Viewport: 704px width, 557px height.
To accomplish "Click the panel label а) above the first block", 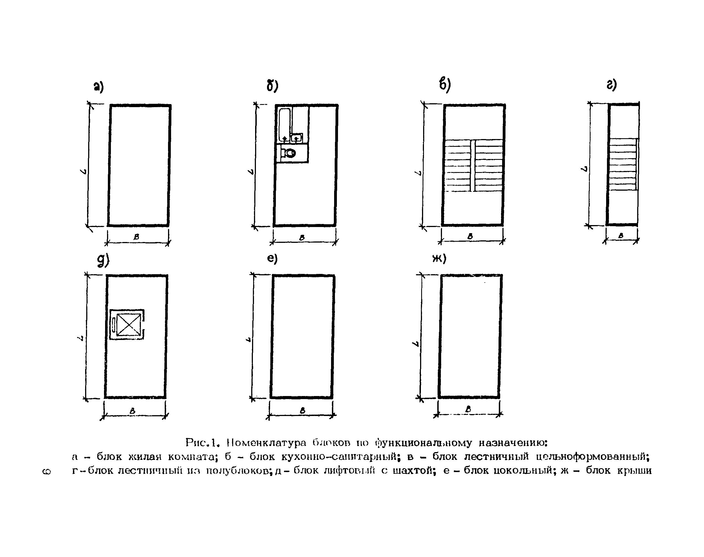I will point(98,87).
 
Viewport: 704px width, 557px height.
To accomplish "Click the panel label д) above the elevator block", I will point(103,261).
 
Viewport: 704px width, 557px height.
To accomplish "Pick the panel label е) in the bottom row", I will point(272,259).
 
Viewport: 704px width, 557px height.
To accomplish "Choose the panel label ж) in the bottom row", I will point(439,259).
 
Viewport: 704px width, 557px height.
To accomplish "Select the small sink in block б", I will point(296,138).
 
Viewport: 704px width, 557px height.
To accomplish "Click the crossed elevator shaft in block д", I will point(128,324).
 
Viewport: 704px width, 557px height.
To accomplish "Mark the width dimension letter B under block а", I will point(136,237).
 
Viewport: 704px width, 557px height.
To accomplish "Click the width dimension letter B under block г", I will point(621,235).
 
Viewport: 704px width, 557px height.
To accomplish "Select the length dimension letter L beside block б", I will point(251,171).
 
